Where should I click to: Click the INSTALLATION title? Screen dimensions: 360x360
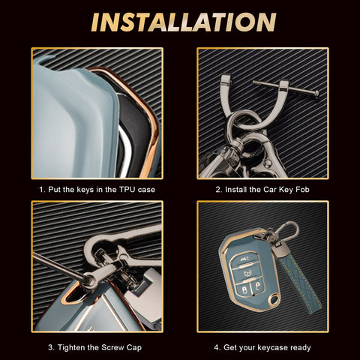(184, 22)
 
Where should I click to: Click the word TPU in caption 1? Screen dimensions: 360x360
(127, 190)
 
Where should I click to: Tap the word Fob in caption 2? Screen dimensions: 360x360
(302, 190)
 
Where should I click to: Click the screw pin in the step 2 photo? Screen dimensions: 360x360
(286, 88)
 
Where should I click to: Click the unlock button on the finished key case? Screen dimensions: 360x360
(258, 286)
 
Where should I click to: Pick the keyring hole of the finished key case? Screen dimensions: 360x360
(274, 299)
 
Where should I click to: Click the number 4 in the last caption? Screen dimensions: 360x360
(217, 348)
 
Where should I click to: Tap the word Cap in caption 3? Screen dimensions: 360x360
(134, 348)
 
